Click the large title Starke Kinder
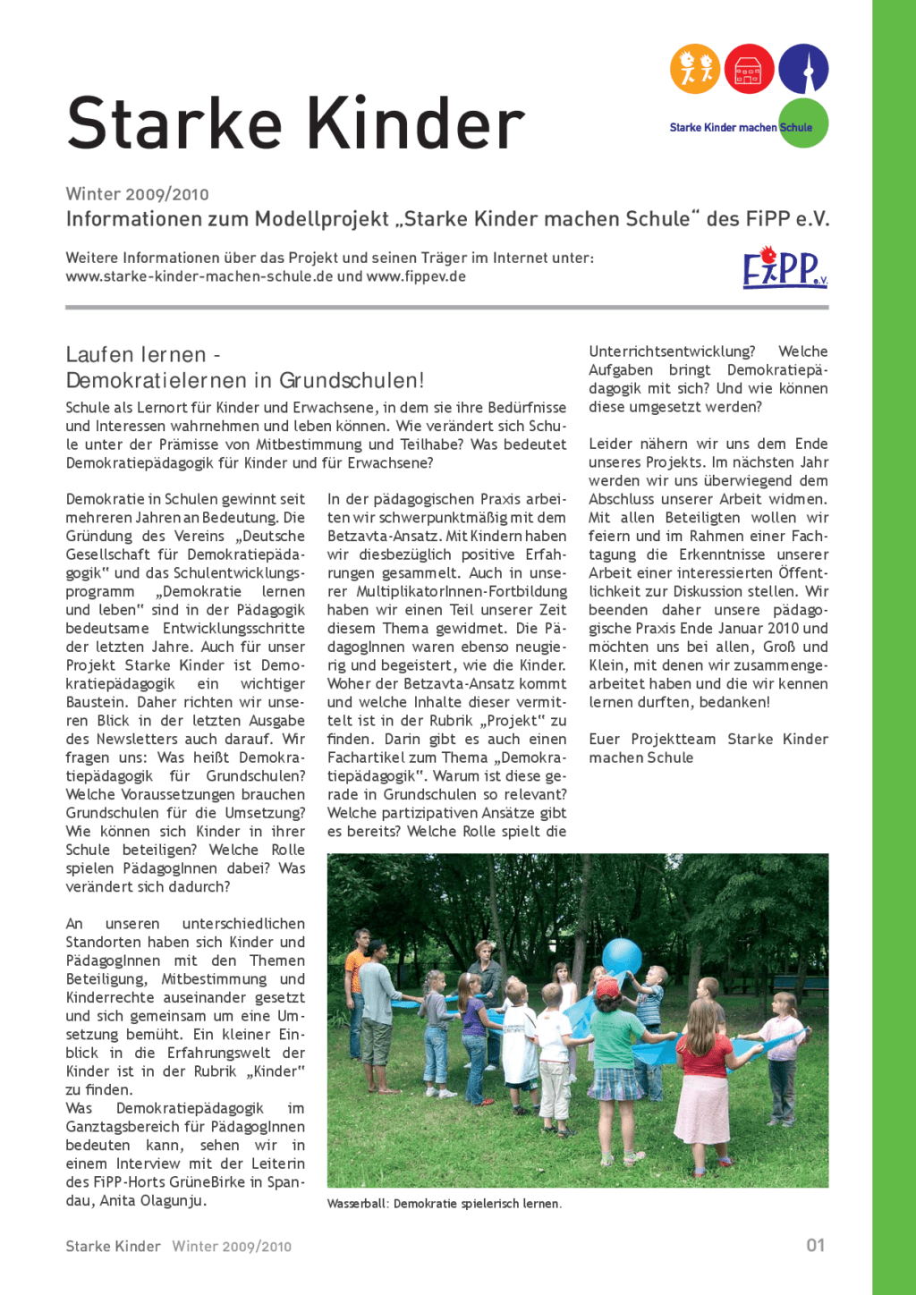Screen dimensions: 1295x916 tap(295, 123)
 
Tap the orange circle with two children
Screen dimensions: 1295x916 tap(695, 69)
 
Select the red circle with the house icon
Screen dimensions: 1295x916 tap(749, 69)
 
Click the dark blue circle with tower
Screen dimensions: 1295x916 tap(803, 69)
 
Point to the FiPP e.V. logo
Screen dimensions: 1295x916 tap(784, 268)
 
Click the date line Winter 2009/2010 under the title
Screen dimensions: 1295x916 tap(137, 194)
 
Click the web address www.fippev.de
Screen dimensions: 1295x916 tap(416, 276)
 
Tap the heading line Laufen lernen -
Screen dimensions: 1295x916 tap(143, 355)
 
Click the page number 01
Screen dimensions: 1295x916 tap(815, 1245)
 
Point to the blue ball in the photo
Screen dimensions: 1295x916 tap(622, 956)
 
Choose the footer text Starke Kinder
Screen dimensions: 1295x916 tap(113, 1246)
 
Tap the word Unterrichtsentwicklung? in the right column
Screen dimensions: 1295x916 tap(672, 351)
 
